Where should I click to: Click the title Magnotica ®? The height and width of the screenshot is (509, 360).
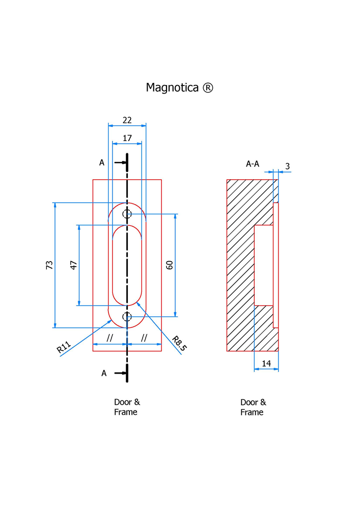(179, 88)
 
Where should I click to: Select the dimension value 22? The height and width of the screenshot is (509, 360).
(127, 120)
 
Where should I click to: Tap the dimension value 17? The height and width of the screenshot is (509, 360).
(127, 138)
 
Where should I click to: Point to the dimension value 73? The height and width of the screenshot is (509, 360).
(49, 265)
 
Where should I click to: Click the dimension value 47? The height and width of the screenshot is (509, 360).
(73, 265)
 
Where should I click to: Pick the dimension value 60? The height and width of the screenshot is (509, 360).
(170, 265)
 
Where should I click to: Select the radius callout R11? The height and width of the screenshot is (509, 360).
(63, 348)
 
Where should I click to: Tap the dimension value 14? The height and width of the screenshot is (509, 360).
(266, 363)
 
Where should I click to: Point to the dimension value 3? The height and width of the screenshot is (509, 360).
(287, 166)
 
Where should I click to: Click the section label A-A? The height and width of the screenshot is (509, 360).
(253, 164)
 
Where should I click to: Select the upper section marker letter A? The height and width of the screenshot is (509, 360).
(102, 163)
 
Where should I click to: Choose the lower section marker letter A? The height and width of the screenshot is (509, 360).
(104, 373)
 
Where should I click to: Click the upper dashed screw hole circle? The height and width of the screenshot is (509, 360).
(127, 214)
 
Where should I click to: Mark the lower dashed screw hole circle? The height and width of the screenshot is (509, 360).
(127, 317)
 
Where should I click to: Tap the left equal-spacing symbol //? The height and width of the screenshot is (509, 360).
(109, 338)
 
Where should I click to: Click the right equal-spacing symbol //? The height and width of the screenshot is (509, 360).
(144, 338)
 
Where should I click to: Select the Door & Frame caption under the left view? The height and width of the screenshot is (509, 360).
(126, 407)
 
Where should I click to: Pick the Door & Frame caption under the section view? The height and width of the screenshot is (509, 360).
(253, 407)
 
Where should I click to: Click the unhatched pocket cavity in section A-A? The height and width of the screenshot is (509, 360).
(263, 265)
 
